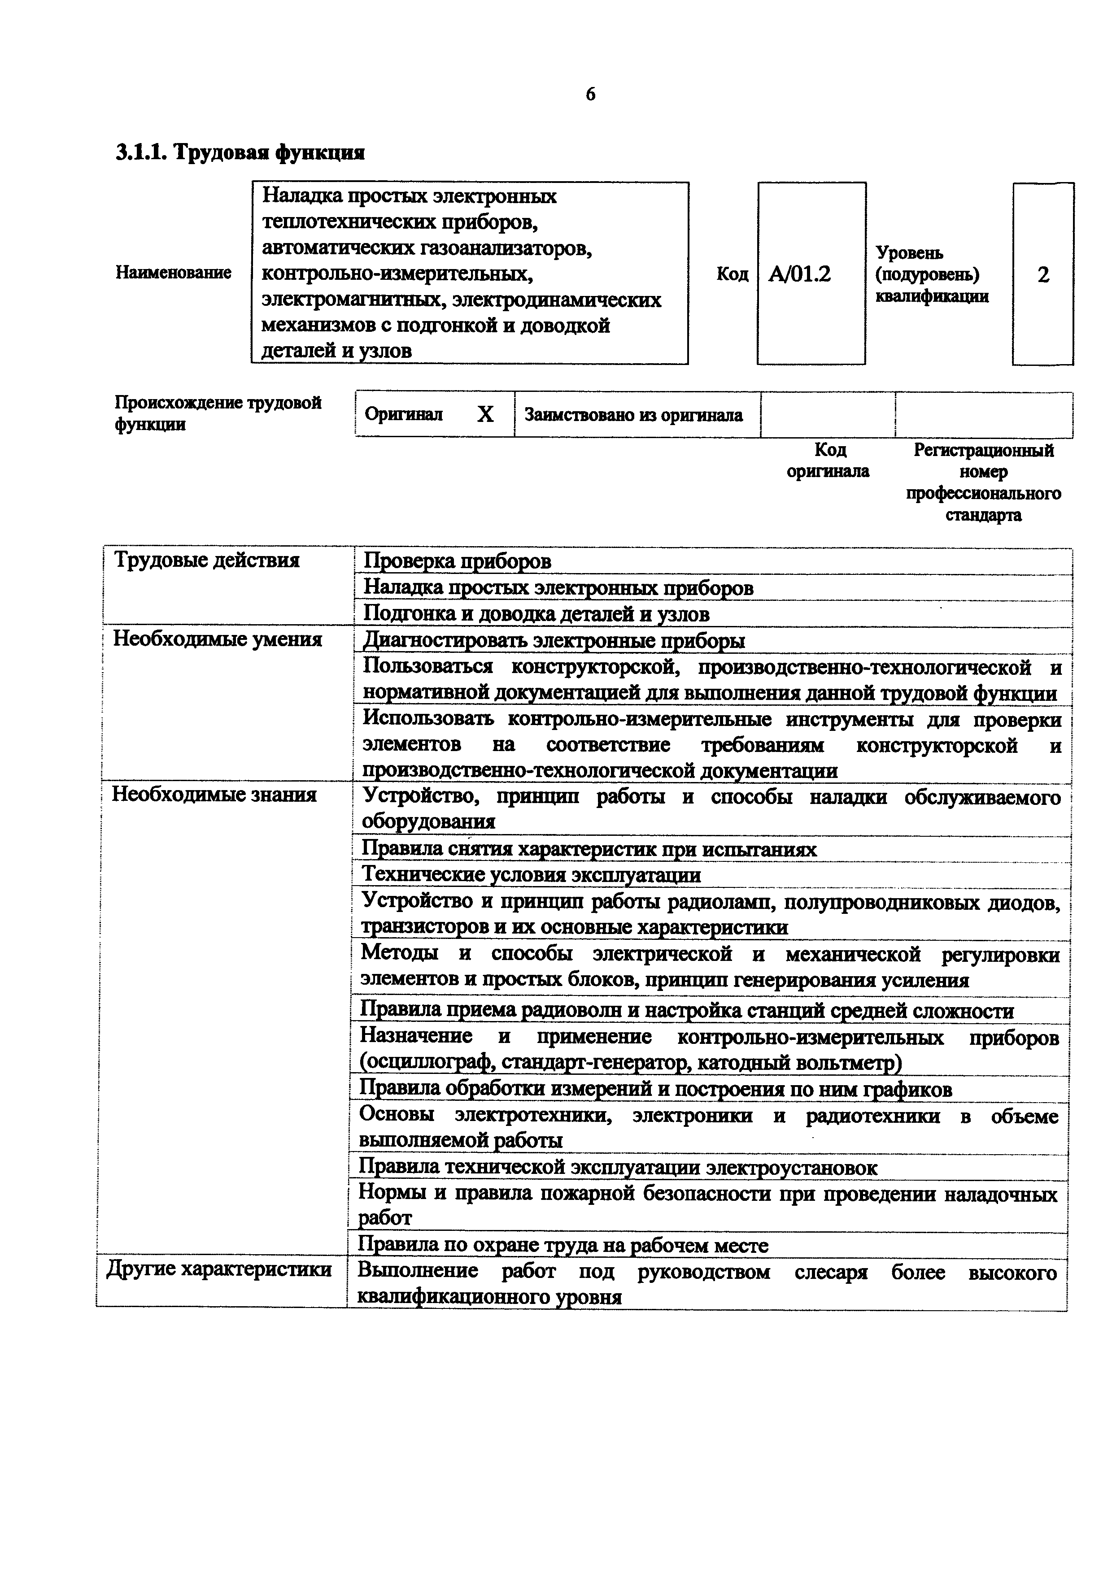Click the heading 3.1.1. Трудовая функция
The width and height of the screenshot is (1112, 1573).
(x=240, y=152)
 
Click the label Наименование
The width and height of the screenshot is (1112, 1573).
(x=173, y=273)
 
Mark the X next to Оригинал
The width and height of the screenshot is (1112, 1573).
(x=485, y=414)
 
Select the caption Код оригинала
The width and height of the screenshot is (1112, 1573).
(x=829, y=461)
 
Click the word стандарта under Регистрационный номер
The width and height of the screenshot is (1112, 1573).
(x=983, y=515)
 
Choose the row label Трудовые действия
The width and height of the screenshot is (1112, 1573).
(x=206, y=561)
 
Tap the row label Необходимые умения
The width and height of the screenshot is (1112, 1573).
(x=217, y=639)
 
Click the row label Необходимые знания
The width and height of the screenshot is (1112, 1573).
(x=214, y=795)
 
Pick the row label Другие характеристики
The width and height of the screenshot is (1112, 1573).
(x=219, y=1269)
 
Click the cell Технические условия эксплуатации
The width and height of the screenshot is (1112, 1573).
(x=531, y=875)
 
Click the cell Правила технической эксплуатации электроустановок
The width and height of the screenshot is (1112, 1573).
(x=618, y=1167)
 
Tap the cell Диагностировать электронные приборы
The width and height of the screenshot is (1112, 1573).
(x=554, y=641)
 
